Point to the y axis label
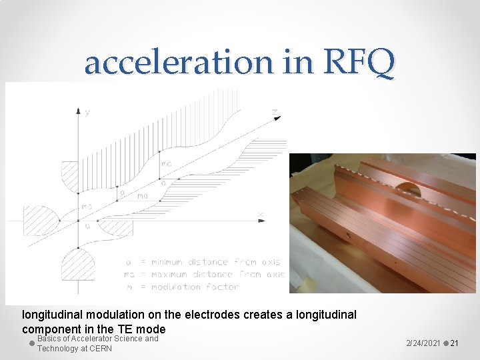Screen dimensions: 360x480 [x=87, y=113]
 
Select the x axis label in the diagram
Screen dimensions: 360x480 [x=260, y=214]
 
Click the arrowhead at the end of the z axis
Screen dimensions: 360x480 [x=275, y=118]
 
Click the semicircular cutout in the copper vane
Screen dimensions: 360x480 [x=409, y=189]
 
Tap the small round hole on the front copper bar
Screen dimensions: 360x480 [x=347, y=235]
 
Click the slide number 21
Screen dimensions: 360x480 [x=454, y=343]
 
